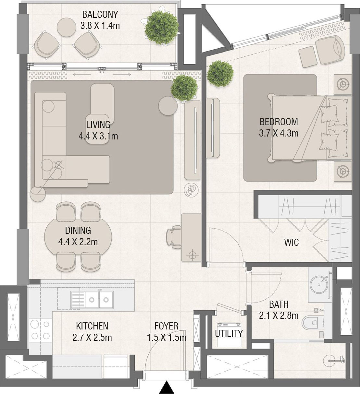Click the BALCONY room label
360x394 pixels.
pyautogui.click(x=100, y=15)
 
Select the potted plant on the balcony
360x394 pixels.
pyautogui.click(x=161, y=27)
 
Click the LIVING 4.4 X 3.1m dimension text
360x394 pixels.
pyautogui.click(x=98, y=136)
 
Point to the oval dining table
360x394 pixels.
pyautogui.click(x=78, y=237)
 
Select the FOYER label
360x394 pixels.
pyautogui.click(x=166, y=326)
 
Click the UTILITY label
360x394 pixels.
pyautogui.click(x=229, y=333)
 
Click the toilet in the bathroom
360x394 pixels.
pyautogui.click(x=312, y=323)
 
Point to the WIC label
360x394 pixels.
pyautogui.click(x=291, y=242)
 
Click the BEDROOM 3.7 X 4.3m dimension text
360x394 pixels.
pyautogui.click(x=279, y=133)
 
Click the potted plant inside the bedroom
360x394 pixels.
pyautogui.click(x=220, y=74)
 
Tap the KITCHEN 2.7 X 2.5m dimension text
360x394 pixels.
pyautogui.click(x=92, y=338)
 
